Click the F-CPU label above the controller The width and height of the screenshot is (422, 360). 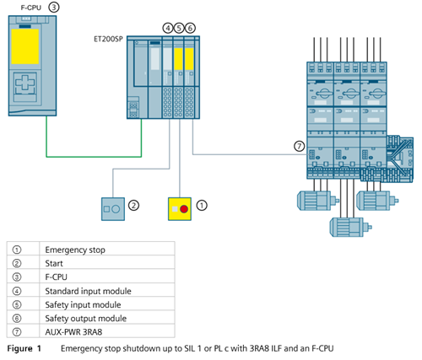[x=31, y=8]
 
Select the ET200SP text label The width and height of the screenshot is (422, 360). [x=108, y=39]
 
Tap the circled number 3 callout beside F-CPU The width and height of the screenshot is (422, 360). [x=54, y=7]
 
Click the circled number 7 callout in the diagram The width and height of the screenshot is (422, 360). [x=300, y=146]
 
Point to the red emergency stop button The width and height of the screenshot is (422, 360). [x=184, y=209]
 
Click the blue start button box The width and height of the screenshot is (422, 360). [x=113, y=209]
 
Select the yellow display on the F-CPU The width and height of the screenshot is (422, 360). [x=25, y=46]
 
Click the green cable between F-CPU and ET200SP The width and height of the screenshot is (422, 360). [x=94, y=156]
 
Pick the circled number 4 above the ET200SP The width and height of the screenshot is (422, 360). [x=168, y=28]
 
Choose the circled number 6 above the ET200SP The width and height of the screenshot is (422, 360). [x=190, y=28]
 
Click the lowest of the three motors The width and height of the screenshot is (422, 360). [x=351, y=227]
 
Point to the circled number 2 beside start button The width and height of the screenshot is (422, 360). [x=133, y=206]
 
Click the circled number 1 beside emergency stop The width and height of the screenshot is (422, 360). [x=202, y=206]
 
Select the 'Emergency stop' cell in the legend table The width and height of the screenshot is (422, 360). [x=75, y=250]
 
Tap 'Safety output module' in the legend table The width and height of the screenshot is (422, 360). [x=86, y=319]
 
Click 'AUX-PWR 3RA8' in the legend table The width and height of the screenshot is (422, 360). [x=73, y=332]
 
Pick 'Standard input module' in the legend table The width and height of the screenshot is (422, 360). [x=88, y=291]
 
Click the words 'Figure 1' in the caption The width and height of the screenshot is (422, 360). [x=24, y=349]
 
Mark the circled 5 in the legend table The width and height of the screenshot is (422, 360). [x=17, y=305]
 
